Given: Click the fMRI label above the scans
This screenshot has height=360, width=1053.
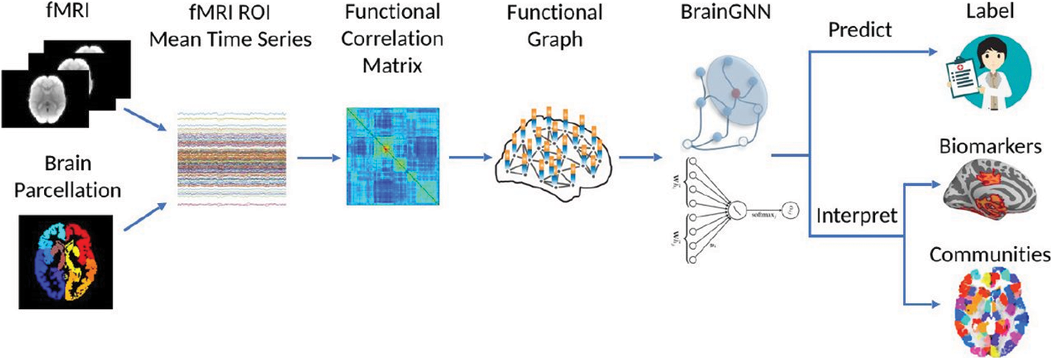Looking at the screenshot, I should [x=67, y=11].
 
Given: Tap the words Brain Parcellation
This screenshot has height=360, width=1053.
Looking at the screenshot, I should [x=68, y=177].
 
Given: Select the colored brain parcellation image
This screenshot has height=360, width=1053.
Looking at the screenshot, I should [x=65, y=262].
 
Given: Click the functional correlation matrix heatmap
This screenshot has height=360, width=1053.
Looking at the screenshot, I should [x=392, y=157].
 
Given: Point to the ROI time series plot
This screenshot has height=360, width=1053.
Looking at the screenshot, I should [x=232, y=158].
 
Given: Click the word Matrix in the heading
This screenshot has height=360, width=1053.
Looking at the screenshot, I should [x=392, y=65].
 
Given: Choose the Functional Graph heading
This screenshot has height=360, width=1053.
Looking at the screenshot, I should [x=554, y=25].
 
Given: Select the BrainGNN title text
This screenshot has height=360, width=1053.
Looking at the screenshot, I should [x=725, y=12].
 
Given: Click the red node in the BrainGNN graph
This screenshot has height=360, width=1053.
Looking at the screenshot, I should [x=735, y=94].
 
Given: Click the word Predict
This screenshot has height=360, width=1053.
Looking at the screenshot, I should [x=860, y=30].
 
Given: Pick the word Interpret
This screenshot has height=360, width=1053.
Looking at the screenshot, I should [x=857, y=215].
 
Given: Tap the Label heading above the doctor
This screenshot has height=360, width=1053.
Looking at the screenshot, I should [x=990, y=11].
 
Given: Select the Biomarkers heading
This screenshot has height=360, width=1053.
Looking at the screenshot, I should [x=990, y=146].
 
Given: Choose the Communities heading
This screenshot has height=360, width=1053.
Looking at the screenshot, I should [x=990, y=254].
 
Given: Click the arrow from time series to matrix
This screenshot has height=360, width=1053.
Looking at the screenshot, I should [x=319, y=158].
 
